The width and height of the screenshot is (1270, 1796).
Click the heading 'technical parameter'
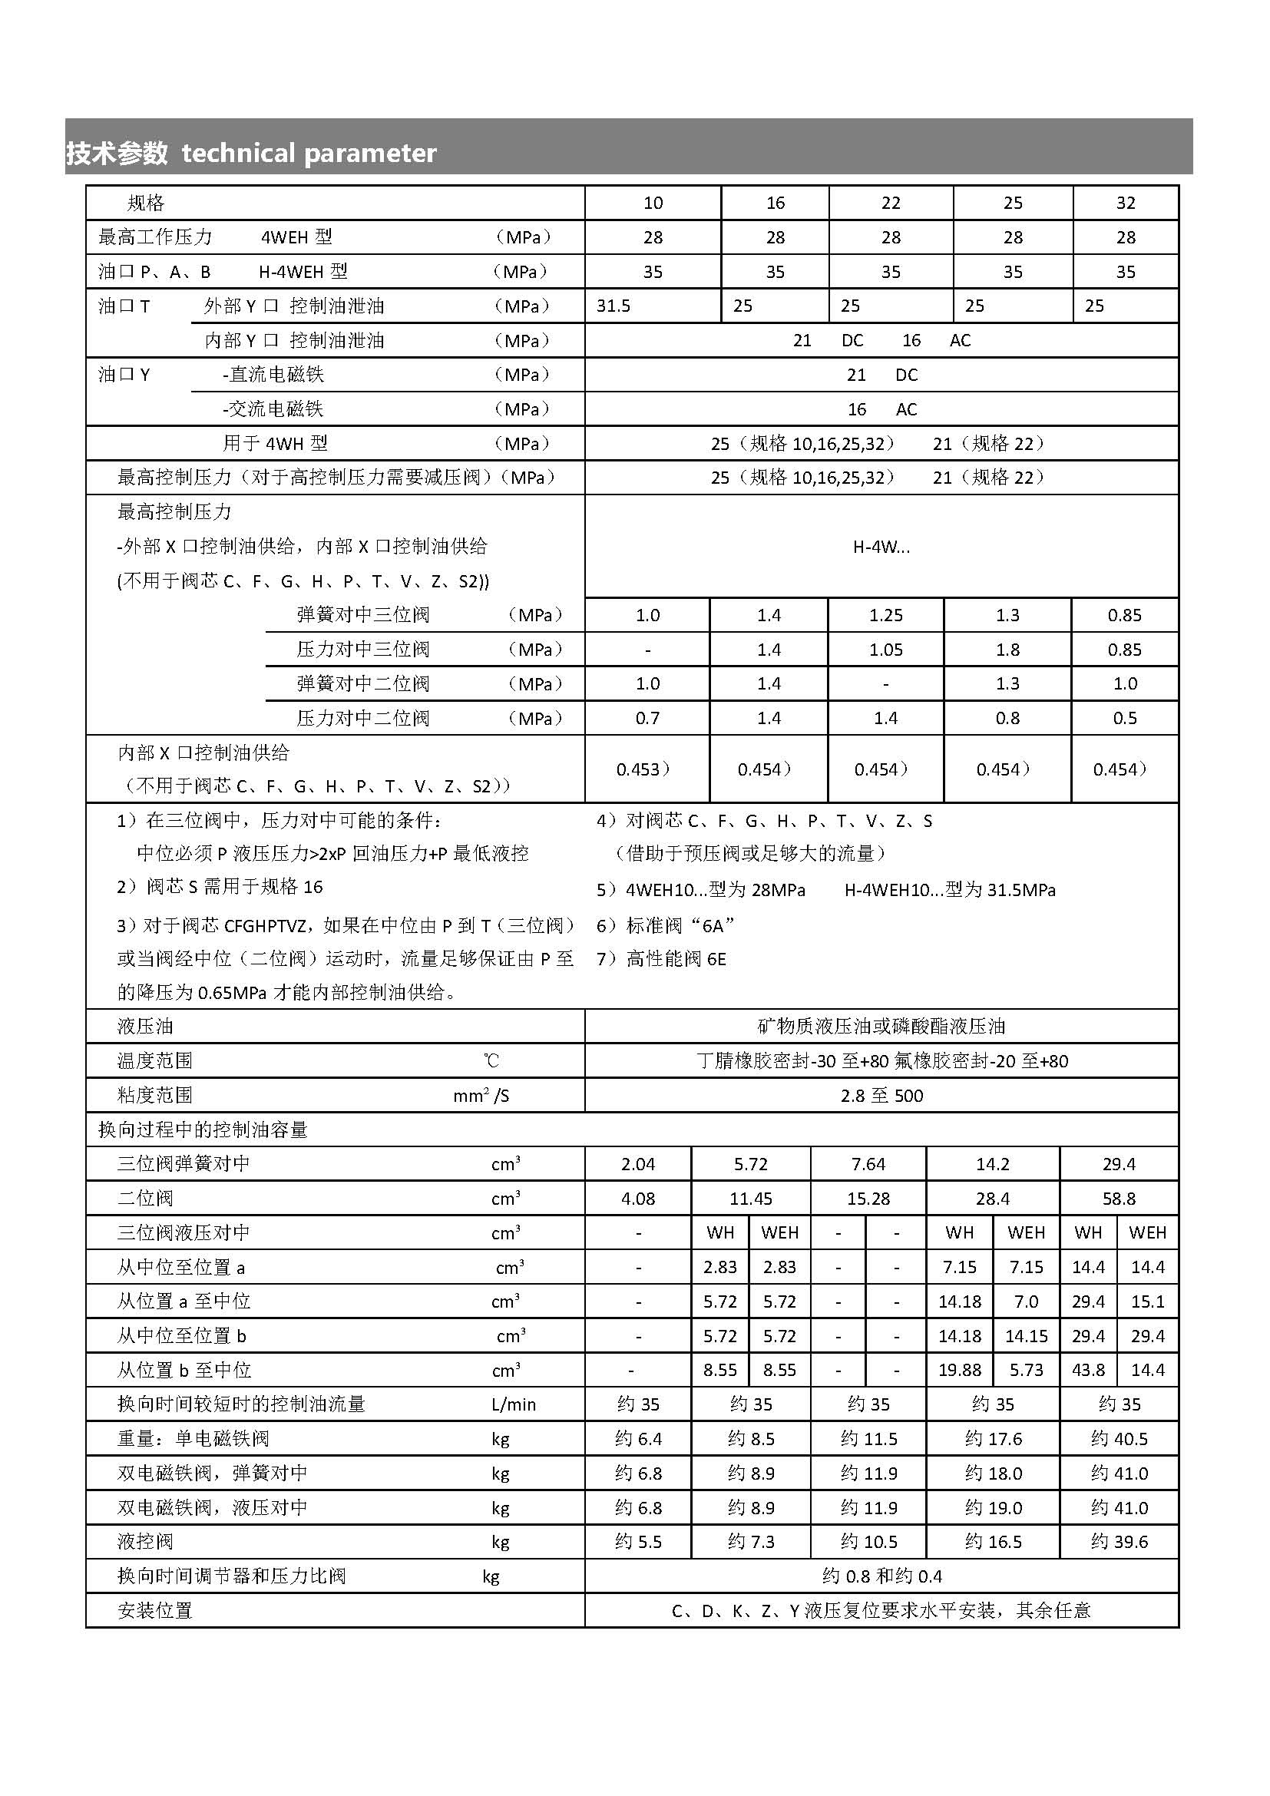tap(308, 153)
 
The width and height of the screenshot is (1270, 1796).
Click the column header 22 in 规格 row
tap(891, 203)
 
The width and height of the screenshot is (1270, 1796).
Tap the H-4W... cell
tap(881, 547)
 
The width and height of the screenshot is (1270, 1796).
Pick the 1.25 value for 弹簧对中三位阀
tap(885, 616)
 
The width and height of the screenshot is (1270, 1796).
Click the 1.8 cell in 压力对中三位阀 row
tap(1007, 650)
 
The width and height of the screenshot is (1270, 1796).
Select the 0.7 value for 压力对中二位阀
tap(647, 718)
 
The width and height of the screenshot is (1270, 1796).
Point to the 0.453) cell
tap(643, 769)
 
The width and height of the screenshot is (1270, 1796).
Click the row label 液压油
tap(144, 1027)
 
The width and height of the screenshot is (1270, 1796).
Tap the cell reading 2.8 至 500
tap(881, 1096)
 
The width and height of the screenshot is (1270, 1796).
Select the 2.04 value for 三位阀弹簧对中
tap(637, 1164)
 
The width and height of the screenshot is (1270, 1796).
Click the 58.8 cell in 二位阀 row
tap(1118, 1199)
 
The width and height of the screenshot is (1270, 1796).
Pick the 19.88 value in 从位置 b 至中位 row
tap(959, 1370)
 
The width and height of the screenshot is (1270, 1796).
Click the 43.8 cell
tap(1088, 1370)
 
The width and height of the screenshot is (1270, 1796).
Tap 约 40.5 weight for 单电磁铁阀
tap(1119, 1438)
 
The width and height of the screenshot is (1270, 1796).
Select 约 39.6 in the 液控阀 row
tap(1119, 1542)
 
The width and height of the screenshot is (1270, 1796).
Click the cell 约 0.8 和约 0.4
tap(881, 1576)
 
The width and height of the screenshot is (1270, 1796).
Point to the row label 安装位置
tap(154, 1611)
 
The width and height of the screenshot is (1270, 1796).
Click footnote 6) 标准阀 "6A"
tap(665, 926)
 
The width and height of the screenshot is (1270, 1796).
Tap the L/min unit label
tap(513, 1405)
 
